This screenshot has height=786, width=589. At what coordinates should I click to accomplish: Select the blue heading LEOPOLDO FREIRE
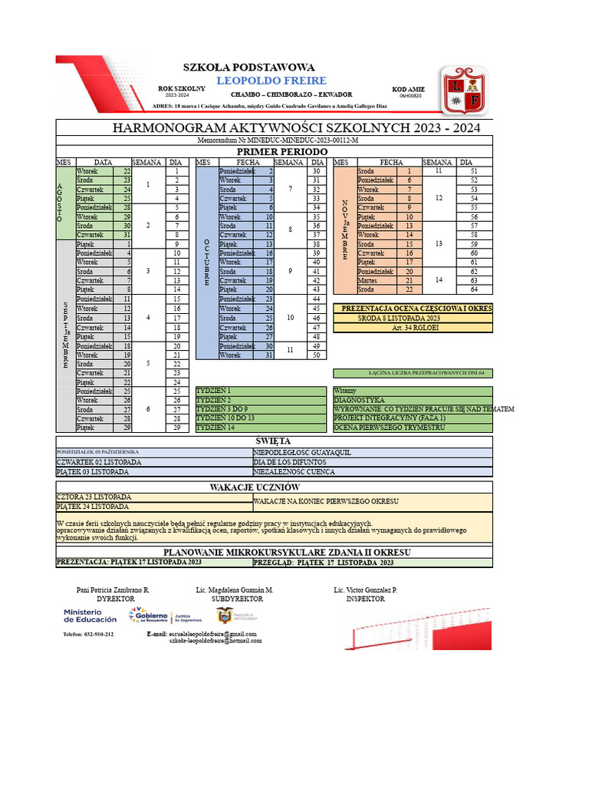(271, 81)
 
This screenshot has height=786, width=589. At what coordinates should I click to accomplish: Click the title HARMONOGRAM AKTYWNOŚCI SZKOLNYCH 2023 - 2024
(296, 127)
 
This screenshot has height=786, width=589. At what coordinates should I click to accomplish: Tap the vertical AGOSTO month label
(60, 203)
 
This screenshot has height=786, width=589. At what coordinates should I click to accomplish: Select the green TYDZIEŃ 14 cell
(261, 427)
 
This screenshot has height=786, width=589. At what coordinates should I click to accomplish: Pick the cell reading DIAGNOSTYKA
(413, 400)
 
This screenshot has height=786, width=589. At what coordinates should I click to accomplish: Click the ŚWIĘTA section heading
(273, 441)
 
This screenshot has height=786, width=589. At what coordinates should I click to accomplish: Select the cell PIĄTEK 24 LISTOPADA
(153, 507)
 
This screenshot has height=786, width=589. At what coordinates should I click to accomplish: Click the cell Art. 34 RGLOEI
(413, 328)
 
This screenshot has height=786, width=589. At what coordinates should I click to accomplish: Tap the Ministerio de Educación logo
(90, 615)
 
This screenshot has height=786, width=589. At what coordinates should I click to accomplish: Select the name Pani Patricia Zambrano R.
(114, 589)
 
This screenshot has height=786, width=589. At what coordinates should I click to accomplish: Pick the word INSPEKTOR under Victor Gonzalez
(365, 598)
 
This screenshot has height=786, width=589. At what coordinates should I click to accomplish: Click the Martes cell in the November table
(374, 280)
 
